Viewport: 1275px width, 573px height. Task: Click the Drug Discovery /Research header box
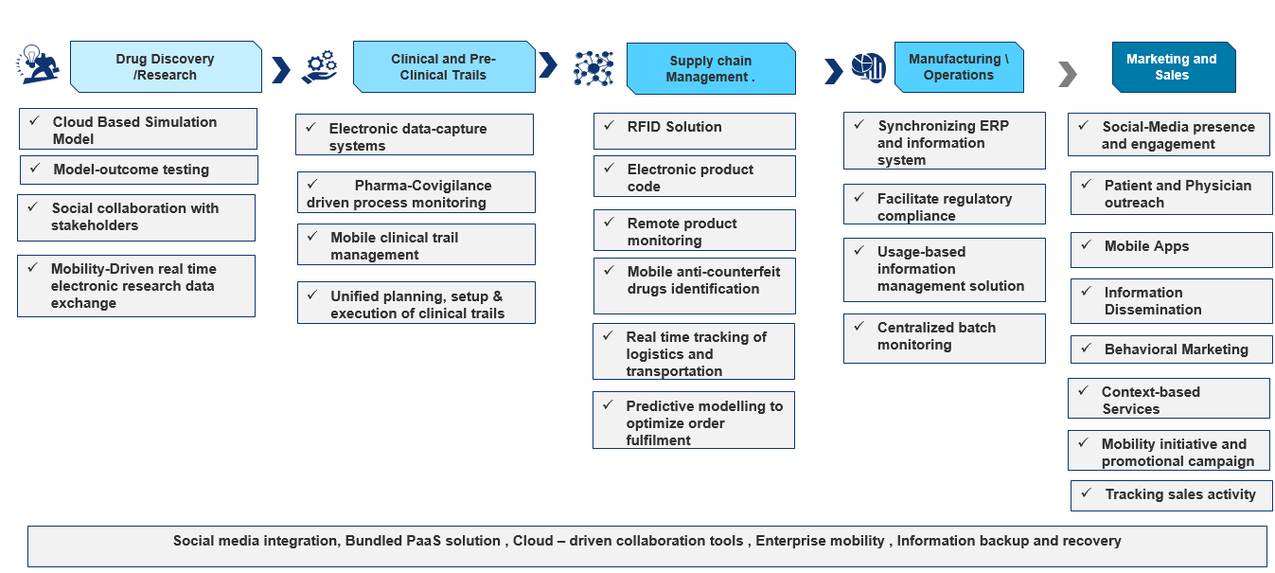[x=166, y=67]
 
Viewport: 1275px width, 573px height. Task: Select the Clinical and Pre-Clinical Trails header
[x=443, y=66]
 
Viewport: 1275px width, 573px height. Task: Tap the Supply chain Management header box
[x=710, y=68]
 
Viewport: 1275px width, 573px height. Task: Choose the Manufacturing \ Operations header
[x=959, y=67]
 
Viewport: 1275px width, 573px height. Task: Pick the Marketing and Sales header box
[x=1172, y=67]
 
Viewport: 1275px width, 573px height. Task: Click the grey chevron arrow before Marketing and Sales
[x=1068, y=73]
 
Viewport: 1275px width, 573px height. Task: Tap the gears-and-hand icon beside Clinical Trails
[x=319, y=66]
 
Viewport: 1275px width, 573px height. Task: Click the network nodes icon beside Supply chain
[x=593, y=68]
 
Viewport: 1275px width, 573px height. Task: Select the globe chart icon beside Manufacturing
[x=868, y=67]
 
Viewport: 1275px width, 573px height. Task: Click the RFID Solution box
[x=695, y=131]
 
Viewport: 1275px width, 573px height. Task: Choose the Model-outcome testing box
[x=138, y=170]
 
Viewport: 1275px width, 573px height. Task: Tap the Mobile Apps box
[x=1171, y=250]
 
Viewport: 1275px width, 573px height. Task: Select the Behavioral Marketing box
[x=1171, y=349]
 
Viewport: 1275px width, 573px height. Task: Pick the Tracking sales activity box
[x=1171, y=495]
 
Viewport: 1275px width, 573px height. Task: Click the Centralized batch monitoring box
[x=944, y=338]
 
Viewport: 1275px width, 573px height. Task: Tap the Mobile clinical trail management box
[x=416, y=244]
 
